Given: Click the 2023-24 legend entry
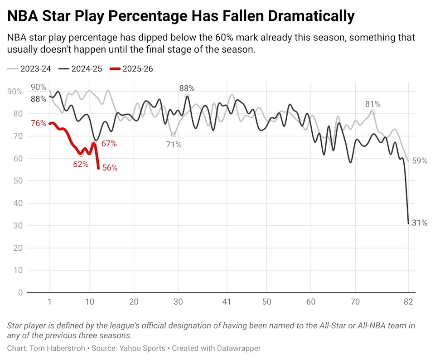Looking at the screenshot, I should click(29, 68).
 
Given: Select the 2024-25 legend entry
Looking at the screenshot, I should click(81, 68).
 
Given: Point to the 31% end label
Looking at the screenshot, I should click(419, 223).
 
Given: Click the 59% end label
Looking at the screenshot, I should click(420, 161).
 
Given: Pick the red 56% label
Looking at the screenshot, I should click(110, 168).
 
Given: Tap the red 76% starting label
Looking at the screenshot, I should click(38, 123).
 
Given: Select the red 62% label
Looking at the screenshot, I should click(81, 164).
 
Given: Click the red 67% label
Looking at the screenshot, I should click(109, 144).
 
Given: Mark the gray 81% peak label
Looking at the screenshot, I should click(373, 104).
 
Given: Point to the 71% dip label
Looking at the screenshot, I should click(174, 145).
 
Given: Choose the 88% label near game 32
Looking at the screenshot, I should click(187, 88).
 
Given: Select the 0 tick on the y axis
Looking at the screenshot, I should click(19, 293).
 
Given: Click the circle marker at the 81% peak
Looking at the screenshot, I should click(373, 112).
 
